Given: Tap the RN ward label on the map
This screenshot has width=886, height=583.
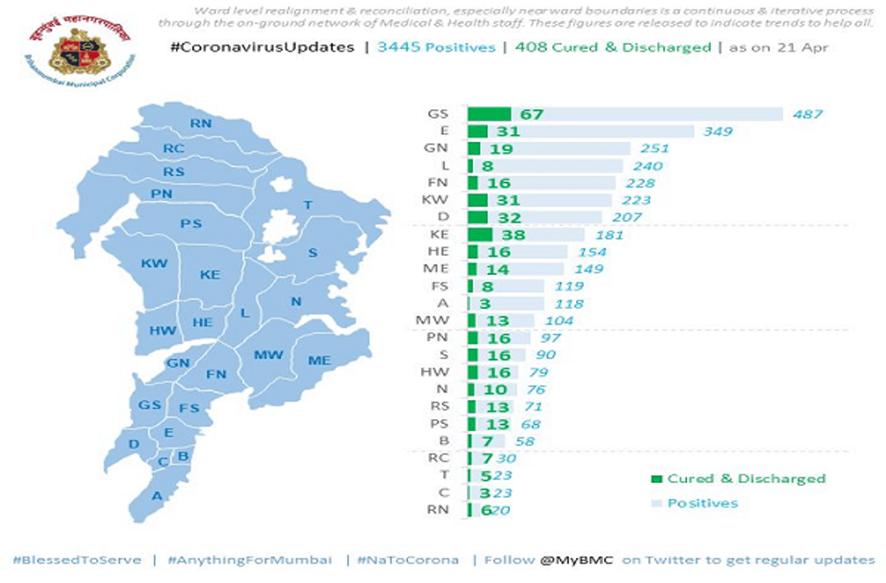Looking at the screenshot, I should coord(201,123).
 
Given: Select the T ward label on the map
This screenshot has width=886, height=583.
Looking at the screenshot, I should coord(308,205).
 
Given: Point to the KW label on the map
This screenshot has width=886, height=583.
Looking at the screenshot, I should coord(154,263).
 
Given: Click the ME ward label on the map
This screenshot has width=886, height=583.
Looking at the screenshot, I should coord(319,360).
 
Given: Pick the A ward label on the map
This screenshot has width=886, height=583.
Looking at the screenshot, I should coord(157,495).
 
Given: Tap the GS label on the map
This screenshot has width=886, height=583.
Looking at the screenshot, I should coord(150,405).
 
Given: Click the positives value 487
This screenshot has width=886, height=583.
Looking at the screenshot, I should coord(808,114).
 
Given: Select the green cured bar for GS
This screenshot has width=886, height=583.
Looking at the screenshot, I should coord(489,114).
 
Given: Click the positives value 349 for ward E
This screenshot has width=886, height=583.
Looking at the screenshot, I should coord(718,131).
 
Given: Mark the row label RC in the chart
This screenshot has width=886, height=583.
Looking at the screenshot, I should coord(438,458).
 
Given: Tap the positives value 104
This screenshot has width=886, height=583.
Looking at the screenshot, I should coord(559,320).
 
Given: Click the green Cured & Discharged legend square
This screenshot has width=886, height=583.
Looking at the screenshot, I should coord(656,479).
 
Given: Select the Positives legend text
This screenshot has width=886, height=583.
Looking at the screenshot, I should coord(702,503).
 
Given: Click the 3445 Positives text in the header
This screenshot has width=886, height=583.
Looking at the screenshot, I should coord(436,48).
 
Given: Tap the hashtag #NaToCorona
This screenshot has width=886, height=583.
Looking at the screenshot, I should coord(408,559).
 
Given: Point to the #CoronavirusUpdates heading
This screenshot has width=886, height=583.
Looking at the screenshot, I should coord(262,48).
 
